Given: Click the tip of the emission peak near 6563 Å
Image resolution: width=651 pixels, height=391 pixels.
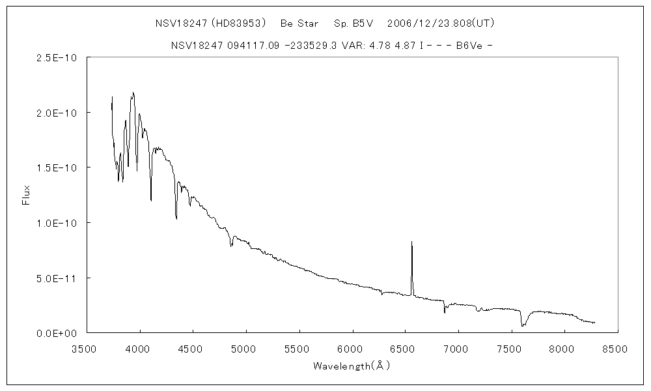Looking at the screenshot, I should (x=411, y=242).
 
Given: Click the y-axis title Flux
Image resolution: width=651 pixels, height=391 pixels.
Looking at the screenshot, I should (x=27, y=194).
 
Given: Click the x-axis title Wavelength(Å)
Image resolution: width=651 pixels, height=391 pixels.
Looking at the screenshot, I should (x=352, y=366).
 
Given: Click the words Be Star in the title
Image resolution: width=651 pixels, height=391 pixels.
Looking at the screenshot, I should (x=299, y=23).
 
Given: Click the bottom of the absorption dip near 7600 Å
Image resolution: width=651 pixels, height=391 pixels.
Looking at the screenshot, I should (x=523, y=325).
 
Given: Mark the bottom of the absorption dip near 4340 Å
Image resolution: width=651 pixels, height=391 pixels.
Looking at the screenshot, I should (x=176, y=218).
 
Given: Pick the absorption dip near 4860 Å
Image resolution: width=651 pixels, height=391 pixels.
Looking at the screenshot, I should (x=232, y=246).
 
